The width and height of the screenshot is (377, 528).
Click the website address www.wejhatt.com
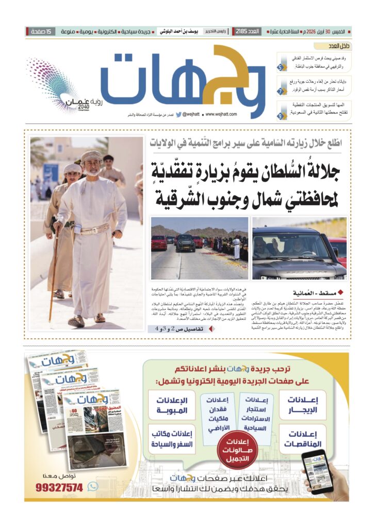click(x=221, y=114)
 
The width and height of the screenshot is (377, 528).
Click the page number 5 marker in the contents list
click(x=280, y=68)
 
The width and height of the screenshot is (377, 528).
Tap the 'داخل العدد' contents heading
click(x=340, y=46)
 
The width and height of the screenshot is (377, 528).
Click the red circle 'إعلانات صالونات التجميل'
click(x=238, y=444)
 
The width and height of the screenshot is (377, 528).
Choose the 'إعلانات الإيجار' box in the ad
click(x=302, y=405)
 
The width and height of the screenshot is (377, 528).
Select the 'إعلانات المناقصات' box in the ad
click(x=302, y=438)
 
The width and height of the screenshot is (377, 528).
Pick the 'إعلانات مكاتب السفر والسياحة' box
click(x=172, y=438)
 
